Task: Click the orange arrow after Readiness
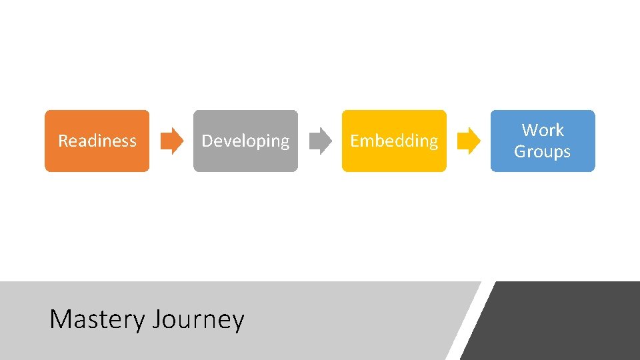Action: point(172,141)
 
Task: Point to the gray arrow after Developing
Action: point(321,141)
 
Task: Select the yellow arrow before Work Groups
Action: point(469,141)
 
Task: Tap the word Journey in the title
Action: point(198,320)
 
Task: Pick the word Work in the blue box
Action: point(543,130)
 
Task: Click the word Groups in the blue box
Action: point(542,151)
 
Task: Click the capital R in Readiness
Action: point(63,141)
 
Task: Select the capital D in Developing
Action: point(207,141)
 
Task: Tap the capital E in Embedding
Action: point(355,141)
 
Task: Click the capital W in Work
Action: point(530,130)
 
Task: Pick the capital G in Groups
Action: point(520,151)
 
